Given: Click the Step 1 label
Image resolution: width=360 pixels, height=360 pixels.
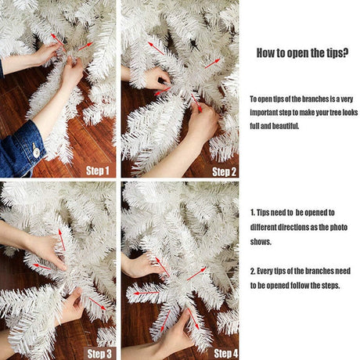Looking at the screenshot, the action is (98, 171).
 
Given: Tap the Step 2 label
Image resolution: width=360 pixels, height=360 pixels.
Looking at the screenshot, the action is (224, 171).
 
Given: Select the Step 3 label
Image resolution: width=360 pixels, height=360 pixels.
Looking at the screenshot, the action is (99, 354).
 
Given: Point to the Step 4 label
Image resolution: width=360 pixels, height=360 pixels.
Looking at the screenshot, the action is (226, 354).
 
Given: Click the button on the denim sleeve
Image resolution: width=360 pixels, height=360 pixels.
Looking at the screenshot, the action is (36, 152).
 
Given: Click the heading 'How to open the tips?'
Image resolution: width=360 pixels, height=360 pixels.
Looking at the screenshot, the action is (302, 53).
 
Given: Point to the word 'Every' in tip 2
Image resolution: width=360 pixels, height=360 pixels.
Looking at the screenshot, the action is (265, 272).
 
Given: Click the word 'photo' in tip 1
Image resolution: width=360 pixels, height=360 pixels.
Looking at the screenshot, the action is (339, 228).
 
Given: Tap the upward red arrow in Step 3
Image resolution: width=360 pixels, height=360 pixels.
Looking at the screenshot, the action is (62, 239).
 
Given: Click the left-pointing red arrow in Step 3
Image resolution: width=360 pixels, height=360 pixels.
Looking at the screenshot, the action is (41, 266).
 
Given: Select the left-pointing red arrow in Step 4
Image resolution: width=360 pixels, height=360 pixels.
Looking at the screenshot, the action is (146, 293).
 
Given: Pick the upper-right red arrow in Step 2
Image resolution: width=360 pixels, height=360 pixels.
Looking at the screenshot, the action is (212, 63).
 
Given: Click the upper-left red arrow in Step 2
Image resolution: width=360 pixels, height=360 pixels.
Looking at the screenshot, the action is (156, 49).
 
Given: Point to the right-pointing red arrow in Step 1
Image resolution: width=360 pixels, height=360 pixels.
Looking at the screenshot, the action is (85, 46).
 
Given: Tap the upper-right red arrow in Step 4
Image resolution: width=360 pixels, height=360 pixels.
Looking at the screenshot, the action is (196, 274).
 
